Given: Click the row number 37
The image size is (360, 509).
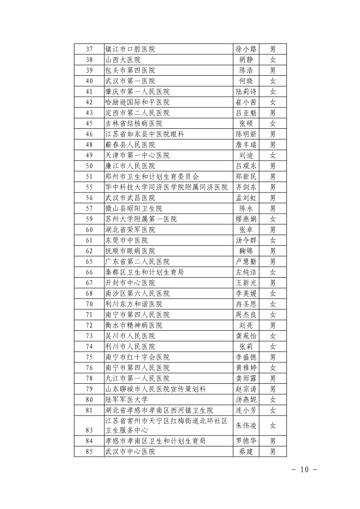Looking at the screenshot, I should (89, 49).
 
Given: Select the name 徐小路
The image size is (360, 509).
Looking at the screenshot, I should (246, 49).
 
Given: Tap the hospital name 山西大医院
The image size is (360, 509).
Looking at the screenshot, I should (123, 60).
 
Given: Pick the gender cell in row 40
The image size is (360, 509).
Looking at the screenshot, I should (272, 81).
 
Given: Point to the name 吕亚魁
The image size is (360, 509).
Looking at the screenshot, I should (246, 113).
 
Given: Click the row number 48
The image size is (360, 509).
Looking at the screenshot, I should (89, 145).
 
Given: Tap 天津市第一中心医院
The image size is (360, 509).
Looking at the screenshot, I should (137, 155).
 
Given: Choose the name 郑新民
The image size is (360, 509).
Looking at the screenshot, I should (246, 176).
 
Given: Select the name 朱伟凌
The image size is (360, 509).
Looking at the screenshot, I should (246, 426).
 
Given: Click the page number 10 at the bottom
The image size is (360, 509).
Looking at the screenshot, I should (304, 469).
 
